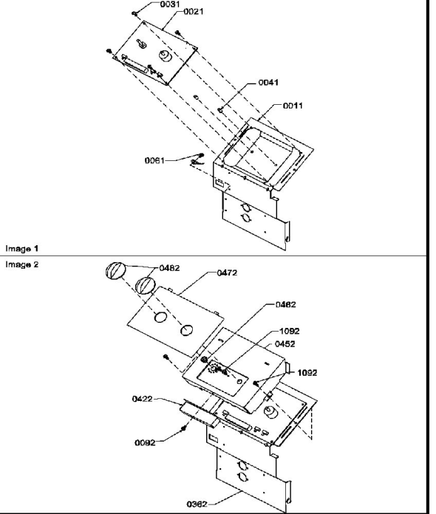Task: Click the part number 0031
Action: [x=170, y=4]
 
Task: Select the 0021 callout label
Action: [x=193, y=12]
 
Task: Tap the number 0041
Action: [x=268, y=82]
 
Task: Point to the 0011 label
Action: [x=293, y=106]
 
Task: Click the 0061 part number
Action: [x=154, y=161]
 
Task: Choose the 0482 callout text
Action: [x=169, y=268]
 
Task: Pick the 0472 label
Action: [x=227, y=273]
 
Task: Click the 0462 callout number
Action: [x=285, y=305]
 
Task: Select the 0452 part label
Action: [x=285, y=344]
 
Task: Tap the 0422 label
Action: [x=143, y=399]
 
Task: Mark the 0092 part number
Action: [x=145, y=443]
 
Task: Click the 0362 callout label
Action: [x=197, y=504]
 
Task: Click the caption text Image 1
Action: [x=22, y=249]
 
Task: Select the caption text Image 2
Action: [x=22, y=264]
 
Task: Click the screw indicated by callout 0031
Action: [x=134, y=13]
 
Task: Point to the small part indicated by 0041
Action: [x=220, y=110]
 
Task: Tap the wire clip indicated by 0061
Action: [x=198, y=159]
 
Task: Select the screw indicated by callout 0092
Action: [x=183, y=428]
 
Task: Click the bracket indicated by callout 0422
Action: [x=199, y=412]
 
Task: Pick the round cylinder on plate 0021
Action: [x=165, y=55]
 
